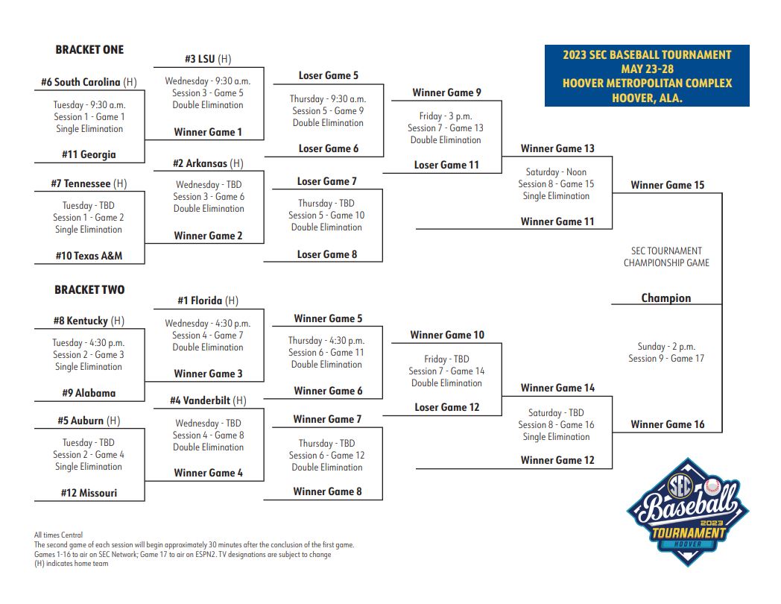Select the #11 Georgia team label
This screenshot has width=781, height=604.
(89, 154)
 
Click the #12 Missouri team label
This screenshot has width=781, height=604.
(89, 493)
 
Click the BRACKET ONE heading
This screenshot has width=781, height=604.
(89, 50)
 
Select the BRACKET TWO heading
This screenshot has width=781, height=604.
(89, 289)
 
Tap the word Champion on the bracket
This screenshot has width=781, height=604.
(666, 298)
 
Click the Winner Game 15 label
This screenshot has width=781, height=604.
(667, 185)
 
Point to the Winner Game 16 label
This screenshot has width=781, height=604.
(667, 424)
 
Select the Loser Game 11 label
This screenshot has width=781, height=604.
(446, 165)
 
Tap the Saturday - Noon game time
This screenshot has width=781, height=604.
(556, 172)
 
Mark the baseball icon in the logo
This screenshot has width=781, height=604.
(713, 488)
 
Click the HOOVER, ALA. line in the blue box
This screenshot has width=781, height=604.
(647, 98)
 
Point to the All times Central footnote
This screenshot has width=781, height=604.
(59, 535)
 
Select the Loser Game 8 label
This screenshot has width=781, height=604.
(327, 254)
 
